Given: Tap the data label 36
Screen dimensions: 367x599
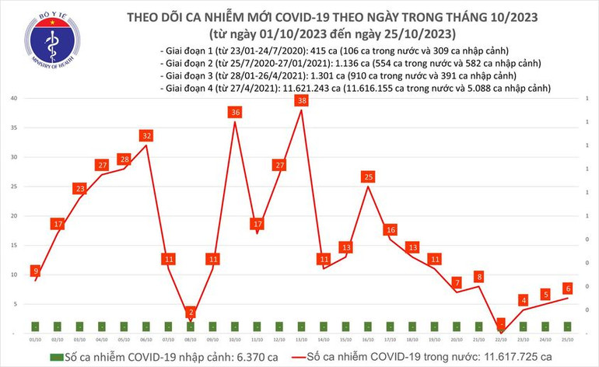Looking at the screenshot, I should pos(235,113).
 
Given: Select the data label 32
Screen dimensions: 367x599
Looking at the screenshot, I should pos(146,136).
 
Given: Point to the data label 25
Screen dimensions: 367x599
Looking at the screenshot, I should pos(369,177).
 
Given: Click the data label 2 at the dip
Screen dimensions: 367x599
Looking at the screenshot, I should pos(191,313).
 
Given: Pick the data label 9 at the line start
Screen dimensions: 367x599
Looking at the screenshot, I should pos(35,271).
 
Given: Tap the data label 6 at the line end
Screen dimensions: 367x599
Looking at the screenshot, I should pos(569,288).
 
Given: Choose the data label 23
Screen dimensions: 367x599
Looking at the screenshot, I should pos(79,189).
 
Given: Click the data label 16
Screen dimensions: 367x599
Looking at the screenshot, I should pos(391,230).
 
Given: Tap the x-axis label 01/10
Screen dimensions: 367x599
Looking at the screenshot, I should pos(35,339).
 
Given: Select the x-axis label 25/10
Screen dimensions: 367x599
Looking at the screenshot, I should pos(569,339).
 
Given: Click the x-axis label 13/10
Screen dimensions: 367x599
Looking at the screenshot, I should pos(302,339).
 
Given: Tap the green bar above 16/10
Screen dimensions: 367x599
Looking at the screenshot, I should pos(369,326).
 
